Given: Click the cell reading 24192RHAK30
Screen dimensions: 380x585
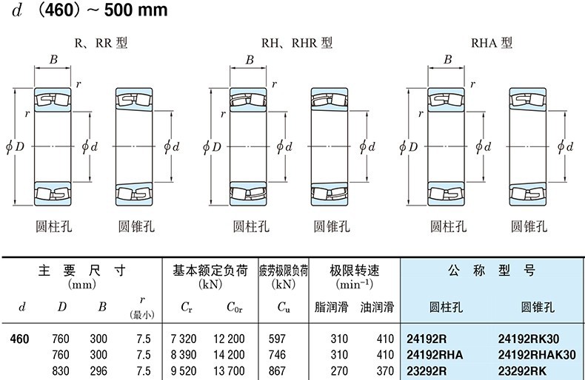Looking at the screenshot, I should [x=537, y=355].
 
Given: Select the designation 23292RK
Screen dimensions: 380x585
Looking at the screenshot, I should [x=523, y=370].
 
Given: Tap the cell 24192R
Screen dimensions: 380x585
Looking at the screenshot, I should [x=428, y=340].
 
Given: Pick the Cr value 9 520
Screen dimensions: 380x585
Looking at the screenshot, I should [x=184, y=370].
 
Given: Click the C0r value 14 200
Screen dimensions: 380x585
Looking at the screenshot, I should [x=230, y=355].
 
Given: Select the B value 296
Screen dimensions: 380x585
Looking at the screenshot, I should [x=98, y=370].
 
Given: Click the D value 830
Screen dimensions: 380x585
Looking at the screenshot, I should [x=61, y=370].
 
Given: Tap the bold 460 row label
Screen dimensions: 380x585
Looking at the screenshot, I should [x=19, y=340].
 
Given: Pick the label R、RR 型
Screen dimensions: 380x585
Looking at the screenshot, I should [x=101, y=43].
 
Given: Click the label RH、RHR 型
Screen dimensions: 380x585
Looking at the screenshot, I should [x=296, y=43].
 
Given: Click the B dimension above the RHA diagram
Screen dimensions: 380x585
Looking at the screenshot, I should [x=447, y=60].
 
